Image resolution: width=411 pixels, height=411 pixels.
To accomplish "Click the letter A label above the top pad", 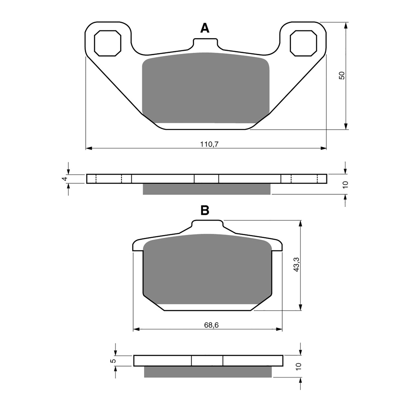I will pos(205,28).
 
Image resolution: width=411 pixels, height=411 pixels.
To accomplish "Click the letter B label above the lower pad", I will pos(205,210).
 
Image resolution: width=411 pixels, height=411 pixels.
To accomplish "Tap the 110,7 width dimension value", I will pos(209,144).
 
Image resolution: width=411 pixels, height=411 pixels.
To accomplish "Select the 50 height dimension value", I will pos(342,76).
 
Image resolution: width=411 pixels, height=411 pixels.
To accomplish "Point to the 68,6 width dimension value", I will pos(211,325).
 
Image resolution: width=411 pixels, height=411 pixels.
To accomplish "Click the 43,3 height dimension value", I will pos(296,265).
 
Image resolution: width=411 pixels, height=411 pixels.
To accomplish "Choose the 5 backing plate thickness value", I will pos(112,361).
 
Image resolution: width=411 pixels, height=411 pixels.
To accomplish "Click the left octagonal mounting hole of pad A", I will pos(107,43).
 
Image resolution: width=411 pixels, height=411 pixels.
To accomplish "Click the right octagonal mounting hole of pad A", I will pos(303,43).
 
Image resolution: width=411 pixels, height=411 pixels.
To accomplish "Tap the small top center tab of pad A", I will pos(206,42).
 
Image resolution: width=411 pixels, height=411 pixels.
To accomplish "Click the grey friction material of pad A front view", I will pos(206,87).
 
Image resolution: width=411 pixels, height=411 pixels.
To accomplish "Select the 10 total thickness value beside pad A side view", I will pos(345,184).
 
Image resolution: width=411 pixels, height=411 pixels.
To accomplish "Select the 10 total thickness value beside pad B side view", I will pos(298,366).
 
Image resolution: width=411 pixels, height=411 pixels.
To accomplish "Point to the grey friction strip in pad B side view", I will pos(208,372).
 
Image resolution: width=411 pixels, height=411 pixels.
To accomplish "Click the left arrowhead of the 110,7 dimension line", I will pos(89,148).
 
